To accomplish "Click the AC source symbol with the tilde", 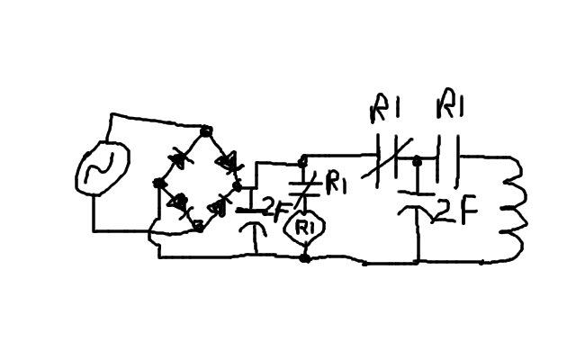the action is pos(101,170).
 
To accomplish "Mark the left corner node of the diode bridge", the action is pos(158,184).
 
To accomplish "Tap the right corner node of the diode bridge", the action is pos(238,185).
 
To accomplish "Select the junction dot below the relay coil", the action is pos(304,258).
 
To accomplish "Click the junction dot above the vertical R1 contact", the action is pos(303,163).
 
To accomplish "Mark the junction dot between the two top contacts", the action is pos(418,162).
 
